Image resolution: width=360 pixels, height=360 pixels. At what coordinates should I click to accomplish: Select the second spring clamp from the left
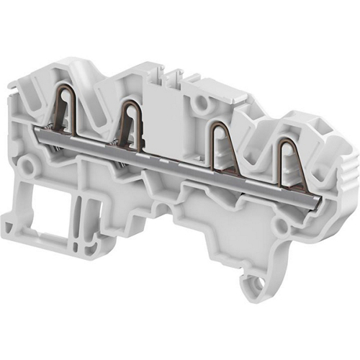pyautogui.click(x=132, y=119)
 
